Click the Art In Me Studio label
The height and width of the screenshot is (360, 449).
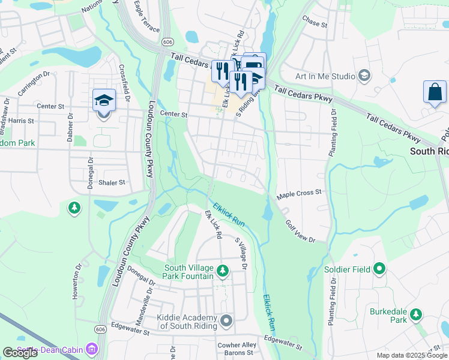pos(325,76)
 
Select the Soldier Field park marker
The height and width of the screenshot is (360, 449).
pos(379,269)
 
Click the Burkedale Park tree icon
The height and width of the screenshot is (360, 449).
pos(415,313)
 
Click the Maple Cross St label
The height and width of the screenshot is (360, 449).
pos(299,195)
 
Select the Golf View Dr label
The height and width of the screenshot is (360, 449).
pos(300,232)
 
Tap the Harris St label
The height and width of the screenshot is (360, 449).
pos(21,121)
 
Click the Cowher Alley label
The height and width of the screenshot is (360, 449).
pos(237,345)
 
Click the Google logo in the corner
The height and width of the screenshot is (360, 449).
pos(20,353)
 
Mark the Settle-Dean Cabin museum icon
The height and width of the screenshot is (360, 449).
pos(91,348)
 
